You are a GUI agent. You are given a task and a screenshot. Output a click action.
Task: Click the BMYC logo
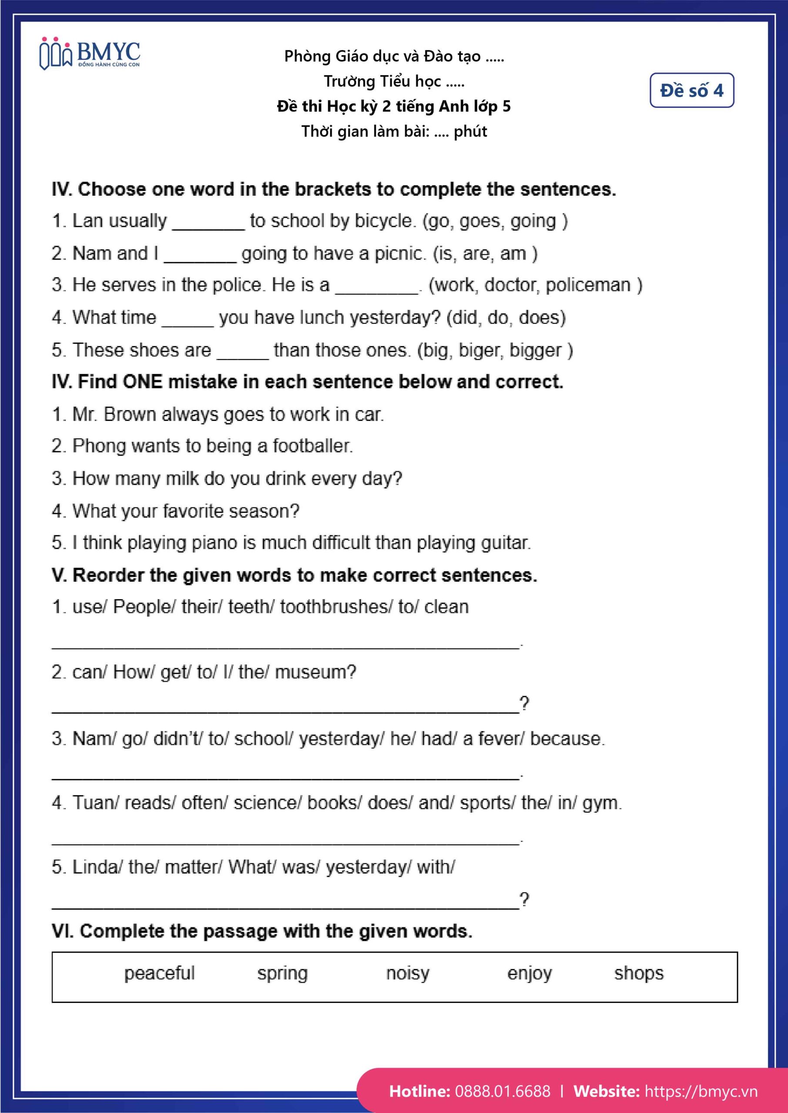[90, 54]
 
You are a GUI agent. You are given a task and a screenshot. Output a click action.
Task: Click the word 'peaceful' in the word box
[159, 973]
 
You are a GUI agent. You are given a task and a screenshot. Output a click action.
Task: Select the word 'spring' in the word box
[282, 973]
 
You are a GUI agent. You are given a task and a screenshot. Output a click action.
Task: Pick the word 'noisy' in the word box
[408, 973]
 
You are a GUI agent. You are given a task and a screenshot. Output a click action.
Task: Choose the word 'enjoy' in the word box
[530, 973]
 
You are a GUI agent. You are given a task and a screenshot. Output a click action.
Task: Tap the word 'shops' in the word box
[639, 973]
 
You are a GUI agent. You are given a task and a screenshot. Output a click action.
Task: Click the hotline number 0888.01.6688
[503, 1091]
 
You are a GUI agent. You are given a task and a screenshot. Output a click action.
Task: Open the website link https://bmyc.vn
[701, 1091]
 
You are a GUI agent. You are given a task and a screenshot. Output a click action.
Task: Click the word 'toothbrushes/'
[336, 607]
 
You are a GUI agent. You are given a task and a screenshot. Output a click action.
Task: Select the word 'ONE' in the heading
[143, 382]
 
